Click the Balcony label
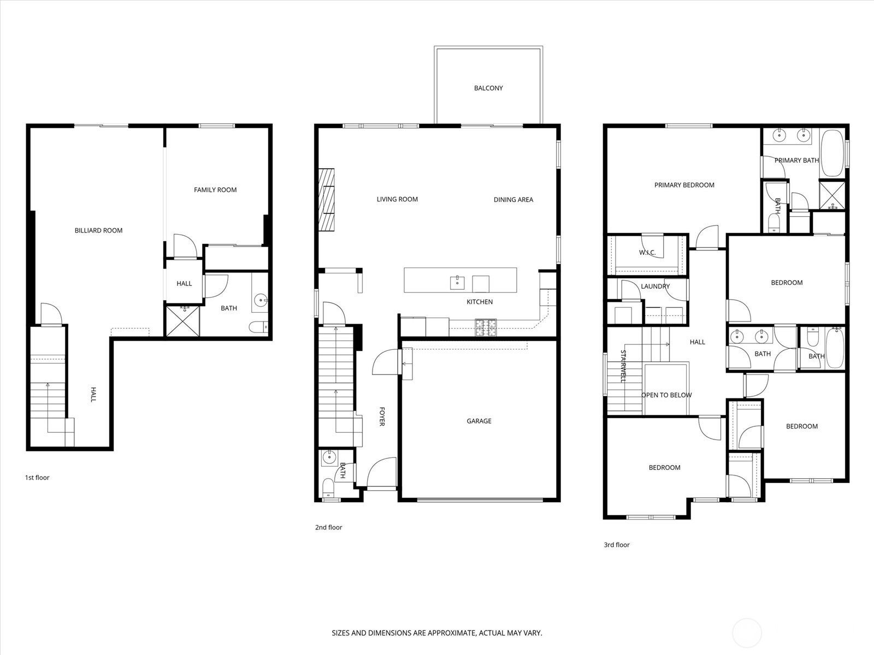[488, 88]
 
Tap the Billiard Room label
[98, 230]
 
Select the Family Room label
[215, 190]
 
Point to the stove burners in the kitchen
[486, 327]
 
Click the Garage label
[479, 421]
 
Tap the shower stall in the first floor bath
[184, 321]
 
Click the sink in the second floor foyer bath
[328, 457]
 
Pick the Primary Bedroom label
[684, 185]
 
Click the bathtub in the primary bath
[832, 153]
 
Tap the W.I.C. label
[647, 253]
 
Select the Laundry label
[655, 286]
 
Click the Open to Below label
[666, 395]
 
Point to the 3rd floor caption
[616, 545]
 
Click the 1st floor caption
[37, 478]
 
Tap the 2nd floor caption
[328, 527]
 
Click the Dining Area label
[513, 200]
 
